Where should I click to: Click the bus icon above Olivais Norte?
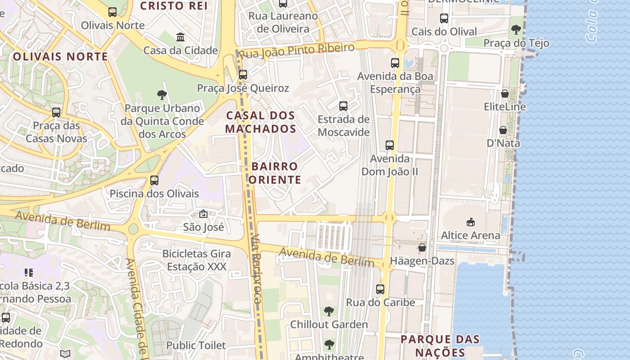pyautogui.click(x=112, y=12)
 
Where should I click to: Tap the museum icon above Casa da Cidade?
pyautogui.click(x=180, y=37)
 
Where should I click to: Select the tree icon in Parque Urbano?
pyautogui.click(x=162, y=94)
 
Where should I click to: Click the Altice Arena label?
pyautogui.click(x=470, y=235)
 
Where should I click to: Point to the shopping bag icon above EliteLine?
pyautogui.click(x=505, y=94)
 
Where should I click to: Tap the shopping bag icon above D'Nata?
pyautogui.click(x=503, y=130)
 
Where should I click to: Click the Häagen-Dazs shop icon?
pyautogui.click(x=422, y=247)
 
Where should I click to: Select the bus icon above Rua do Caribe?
pyautogui.click(x=380, y=289)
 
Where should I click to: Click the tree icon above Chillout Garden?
pyautogui.click(x=329, y=311)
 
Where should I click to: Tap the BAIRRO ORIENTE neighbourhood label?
pyautogui.click(x=274, y=173)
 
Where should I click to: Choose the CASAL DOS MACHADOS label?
pyautogui.click(x=261, y=122)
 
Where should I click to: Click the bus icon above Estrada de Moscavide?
pyautogui.click(x=343, y=106)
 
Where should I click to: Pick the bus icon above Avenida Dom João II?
pyautogui.click(x=390, y=145)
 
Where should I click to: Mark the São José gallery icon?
pyautogui.click(x=203, y=214)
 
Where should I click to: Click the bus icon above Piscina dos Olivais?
pyautogui.click(x=154, y=180)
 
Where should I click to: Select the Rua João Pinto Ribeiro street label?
pyautogui.click(x=297, y=50)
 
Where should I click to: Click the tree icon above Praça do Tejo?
pyautogui.click(x=516, y=30)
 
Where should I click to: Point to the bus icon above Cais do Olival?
pyautogui.click(x=444, y=18)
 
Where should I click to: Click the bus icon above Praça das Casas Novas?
pyautogui.click(x=56, y=112)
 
